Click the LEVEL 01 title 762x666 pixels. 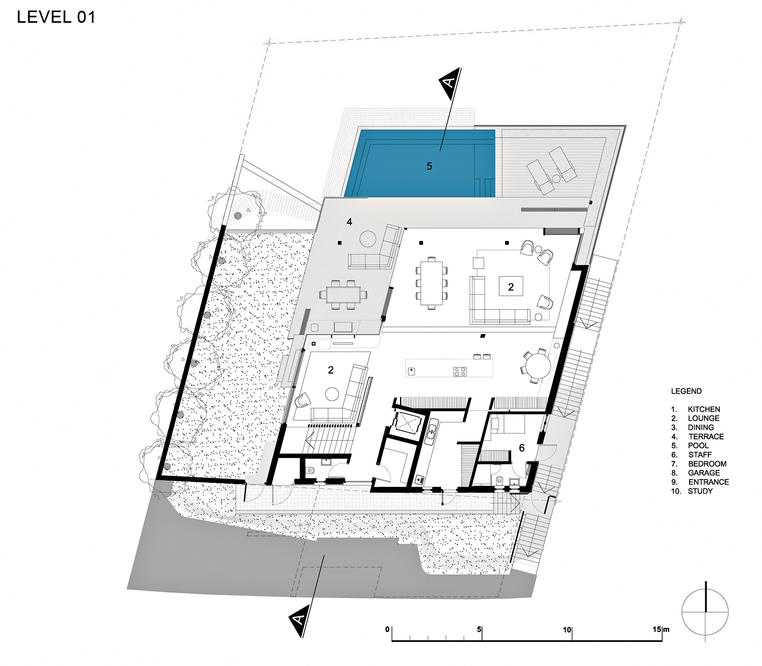pyautogui.click(x=56, y=17)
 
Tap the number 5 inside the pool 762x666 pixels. pyautogui.click(x=429, y=166)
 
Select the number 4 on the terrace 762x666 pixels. pyautogui.click(x=350, y=222)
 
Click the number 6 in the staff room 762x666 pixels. pyautogui.click(x=522, y=448)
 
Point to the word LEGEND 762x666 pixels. pyautogui.click(x=686, y=391)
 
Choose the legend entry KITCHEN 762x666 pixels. pyautogui.click(x=704, y=409)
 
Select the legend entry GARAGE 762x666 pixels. pyautogui.click(x=704, y=473)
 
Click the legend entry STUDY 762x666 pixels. pyautogui.click(x=700, y=491)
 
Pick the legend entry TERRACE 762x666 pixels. pyautogui.click(x=706, y=436)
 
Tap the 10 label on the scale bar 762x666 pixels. pyautogui.click(x=567, y=630)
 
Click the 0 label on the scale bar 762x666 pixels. pyautogui.click(x=387, y=630)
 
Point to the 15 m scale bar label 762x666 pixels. pyautogui.click(x=661, y=630)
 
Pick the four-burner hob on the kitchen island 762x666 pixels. pyautogui.click(x=460, y=371)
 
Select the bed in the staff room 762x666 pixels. pyautogui.click(x=508, y=424)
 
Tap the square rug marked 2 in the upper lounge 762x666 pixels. pyautogui.click(x=511, y=286)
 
